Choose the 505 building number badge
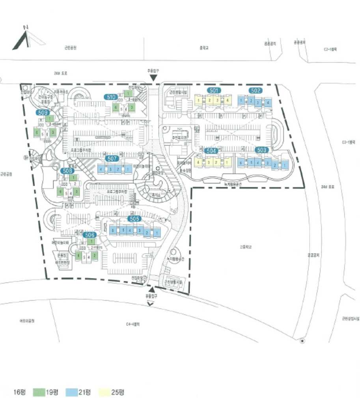tap(134, 219)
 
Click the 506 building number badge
tap(90, 235)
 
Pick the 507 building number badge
tap(112, 159)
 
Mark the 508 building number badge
tap(67, 171)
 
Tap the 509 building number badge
tap(43, 112)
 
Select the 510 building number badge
tap(111, 97)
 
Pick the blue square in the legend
tap(72, 392)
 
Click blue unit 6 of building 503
tap(241, 163)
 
